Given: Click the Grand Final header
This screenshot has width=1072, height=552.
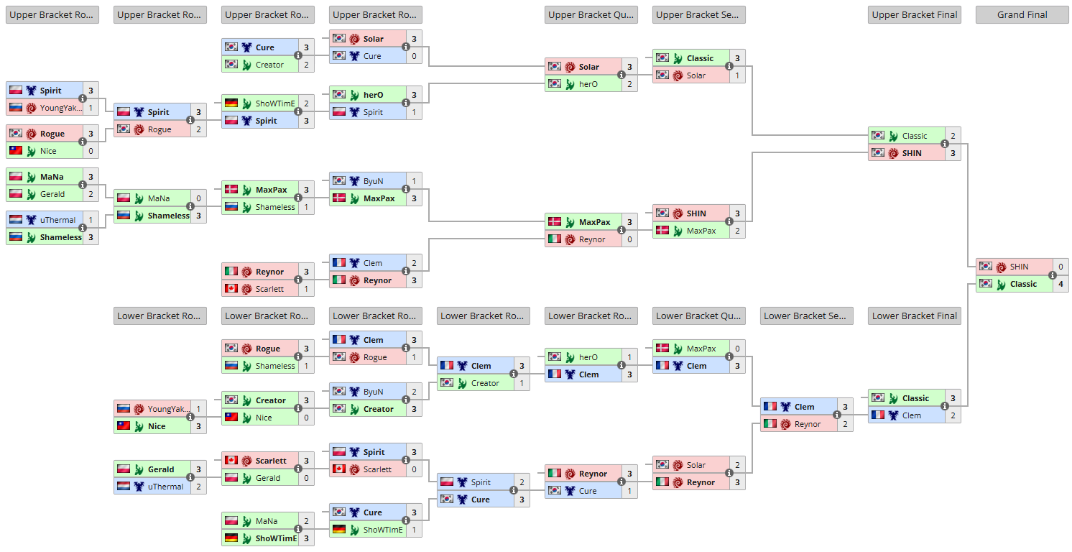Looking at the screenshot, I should [1022, 15].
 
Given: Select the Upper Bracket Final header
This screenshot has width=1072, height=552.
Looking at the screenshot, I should [914, 15].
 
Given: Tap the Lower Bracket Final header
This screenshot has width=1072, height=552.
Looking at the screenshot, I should [914, 316].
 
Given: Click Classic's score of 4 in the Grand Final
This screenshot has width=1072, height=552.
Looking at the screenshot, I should [1061, 284].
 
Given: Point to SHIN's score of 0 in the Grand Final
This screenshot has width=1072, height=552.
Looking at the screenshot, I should [1061, 267].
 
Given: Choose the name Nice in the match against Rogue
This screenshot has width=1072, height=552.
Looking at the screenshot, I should [48, 151].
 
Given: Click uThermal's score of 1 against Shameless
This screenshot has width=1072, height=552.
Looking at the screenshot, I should [91, 220].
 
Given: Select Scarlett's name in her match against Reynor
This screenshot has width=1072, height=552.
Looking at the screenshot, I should [270, 289].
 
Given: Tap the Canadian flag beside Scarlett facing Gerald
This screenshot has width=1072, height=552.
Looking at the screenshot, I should [231, 461].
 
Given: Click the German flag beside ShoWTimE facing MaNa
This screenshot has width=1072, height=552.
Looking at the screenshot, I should [231, 538].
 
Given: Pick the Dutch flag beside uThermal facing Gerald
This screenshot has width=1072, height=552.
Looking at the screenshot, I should [124, 487].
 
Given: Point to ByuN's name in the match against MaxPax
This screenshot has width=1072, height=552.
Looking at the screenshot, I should [373, 181].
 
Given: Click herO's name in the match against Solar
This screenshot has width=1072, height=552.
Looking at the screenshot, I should [588, 84].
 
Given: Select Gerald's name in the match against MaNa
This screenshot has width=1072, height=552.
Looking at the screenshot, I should [52, 194].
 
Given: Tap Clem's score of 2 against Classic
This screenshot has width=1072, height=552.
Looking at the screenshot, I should [953, 415].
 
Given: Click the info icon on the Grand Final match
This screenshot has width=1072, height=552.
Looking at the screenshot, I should [1052, 275].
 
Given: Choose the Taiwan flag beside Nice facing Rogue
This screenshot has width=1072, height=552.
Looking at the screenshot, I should [16, 151].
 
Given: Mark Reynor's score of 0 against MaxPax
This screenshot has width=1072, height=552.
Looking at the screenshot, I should [629, 239].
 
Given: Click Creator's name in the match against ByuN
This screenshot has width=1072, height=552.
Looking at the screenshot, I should [379, 409].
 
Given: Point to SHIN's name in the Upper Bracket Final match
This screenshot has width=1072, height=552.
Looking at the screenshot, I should [912, 153].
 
